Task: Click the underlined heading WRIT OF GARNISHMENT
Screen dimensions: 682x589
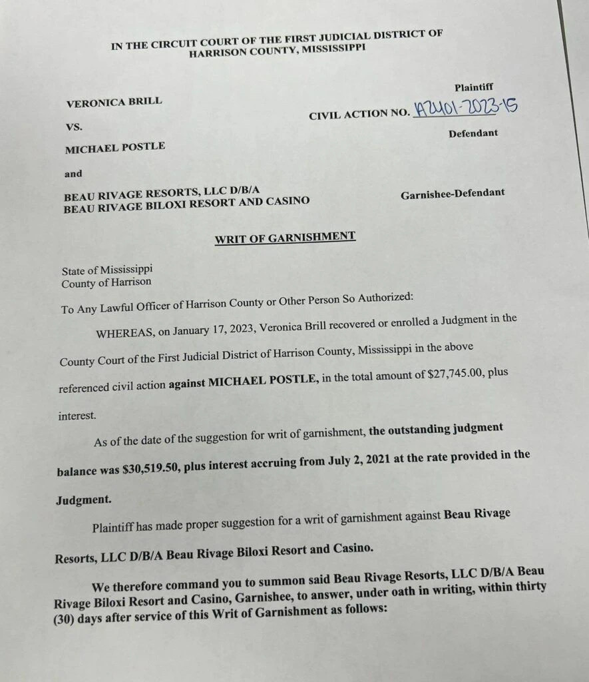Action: pyautogui.click(x=285, y=238)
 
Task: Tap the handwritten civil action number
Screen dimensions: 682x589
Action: pyautogui.click(x=465, y=107)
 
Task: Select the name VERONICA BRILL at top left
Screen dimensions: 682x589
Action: pyautogui.click(x=114, y=102)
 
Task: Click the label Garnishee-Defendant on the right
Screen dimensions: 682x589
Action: pyautogui.click(x=452, y=193)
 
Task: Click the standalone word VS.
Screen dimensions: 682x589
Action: pyautogui.click(x=73, y=126)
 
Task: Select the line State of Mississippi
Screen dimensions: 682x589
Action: pyautogui.click(x=107, y=270)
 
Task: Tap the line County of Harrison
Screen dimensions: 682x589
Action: pyautogui.click(x=106, y=282)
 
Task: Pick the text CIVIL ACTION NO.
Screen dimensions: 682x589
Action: pyautogui.click(x=359, y=115)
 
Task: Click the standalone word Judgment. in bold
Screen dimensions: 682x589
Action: pyautogui.click(x=84, y=500)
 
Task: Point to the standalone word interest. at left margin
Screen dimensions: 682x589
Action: pyautogui.click(x=77, y=415)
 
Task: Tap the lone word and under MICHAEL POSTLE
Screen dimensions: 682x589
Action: pyautogui.click(x=73, y=173)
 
